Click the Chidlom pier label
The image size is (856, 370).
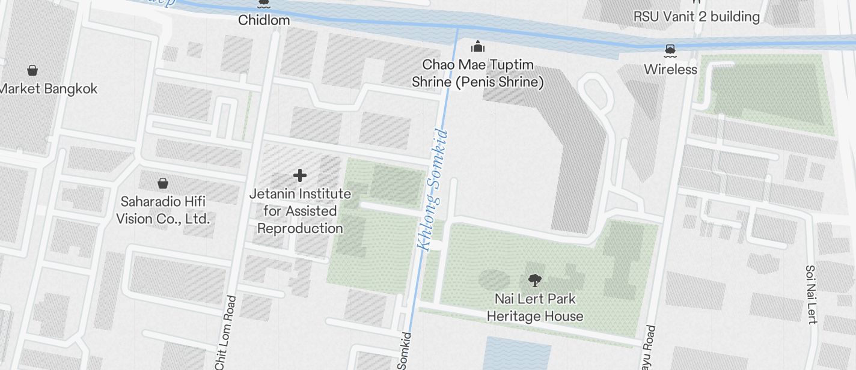(264, 20)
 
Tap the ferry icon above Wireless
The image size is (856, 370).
(670, 49)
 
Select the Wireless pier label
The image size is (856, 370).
(670, 69)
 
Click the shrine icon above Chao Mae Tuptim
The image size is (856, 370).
(478, 46)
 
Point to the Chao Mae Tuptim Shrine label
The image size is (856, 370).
(478, 73)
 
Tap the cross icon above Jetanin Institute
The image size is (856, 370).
(300, 175)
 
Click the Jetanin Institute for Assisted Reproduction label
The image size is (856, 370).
(301, 211)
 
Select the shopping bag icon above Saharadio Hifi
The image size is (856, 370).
(162, 183)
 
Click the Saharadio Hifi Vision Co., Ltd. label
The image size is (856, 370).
(163, 210)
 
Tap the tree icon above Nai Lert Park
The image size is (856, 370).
(534, 279)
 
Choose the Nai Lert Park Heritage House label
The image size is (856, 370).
(535, 308)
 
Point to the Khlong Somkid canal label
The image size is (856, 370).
(433, 189)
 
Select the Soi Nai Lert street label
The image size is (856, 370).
(811, 294)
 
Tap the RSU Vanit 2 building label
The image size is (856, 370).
(697, 16)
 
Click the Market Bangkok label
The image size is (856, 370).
(48, 88)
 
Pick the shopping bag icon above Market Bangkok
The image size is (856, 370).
(32, 70)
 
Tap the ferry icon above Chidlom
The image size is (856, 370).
(263, 4)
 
